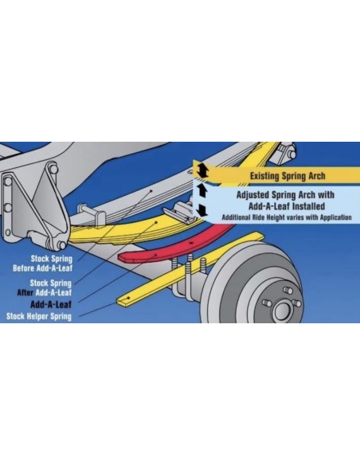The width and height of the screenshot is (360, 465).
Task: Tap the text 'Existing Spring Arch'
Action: (x=288, y=175)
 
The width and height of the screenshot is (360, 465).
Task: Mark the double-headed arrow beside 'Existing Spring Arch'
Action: (x=202, y=170)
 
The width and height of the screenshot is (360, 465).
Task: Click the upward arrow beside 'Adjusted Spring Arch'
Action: (x=202, y=191)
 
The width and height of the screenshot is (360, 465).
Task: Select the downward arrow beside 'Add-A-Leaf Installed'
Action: (x=202, y=209)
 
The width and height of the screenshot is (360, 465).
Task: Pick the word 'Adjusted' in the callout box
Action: (x=254, y=193)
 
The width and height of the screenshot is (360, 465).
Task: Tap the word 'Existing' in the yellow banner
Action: (x=265, y=175)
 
